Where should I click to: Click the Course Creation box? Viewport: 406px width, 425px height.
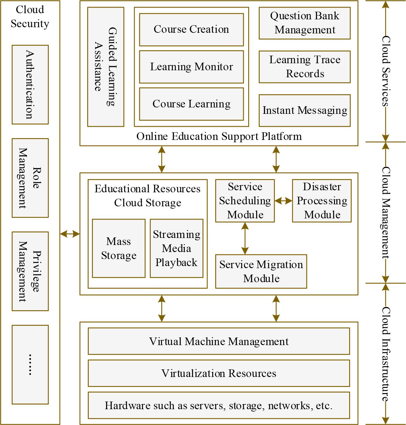[x=191, y=30]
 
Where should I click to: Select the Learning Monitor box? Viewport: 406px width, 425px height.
[x=191, y=67]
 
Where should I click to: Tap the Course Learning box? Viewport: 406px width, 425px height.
[x=191, y=104]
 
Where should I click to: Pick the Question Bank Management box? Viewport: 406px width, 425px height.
[x=304, y=23]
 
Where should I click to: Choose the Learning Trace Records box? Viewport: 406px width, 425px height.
[x=304, y=67]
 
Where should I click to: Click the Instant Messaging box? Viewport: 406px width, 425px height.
[x=304, y=110]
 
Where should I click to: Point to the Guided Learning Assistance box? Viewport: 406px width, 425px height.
[x=106, y=67]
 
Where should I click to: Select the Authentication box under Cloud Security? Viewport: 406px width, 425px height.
[x=30, y=85]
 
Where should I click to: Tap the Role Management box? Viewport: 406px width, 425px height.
[x=30, y=178]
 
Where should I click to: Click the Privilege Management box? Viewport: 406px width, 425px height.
[x=30, y=271]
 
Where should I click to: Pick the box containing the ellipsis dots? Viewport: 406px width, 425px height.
[x=30, y=364]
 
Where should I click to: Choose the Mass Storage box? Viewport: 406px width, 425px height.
[x=119, y=248]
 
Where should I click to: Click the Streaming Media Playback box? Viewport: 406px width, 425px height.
[x=177, y=248]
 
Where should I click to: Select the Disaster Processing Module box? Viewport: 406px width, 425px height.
[x=322, y=201]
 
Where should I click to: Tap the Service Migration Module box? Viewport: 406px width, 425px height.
[x=261, y=271]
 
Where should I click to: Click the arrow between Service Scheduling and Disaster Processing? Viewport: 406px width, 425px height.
[x=283, y=201]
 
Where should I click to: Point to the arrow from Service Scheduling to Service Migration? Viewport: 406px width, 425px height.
[x=245, y=238]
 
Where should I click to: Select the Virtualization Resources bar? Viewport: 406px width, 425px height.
[x=219, y=373]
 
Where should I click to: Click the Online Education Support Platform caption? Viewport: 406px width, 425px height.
[x=219, y=136]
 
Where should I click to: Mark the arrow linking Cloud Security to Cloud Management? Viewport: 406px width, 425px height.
[x=70, y=234]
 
